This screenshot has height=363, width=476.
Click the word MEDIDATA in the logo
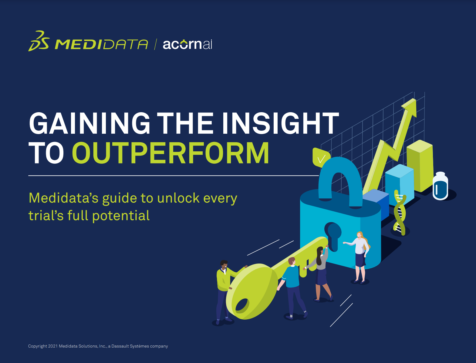pyautogui.click(x=101, y=44)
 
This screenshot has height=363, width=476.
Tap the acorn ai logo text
pyautogui.click(x=187, y=44)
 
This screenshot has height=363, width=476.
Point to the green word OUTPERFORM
pyautogui.click(x=171, y=153)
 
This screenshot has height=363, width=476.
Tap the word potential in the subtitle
pyautogui.click(x=121, y=216)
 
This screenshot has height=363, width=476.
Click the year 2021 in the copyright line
pyautogui.click(x=53, y=346)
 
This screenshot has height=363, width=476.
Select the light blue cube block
pyautogui.click(x=400, y=184)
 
